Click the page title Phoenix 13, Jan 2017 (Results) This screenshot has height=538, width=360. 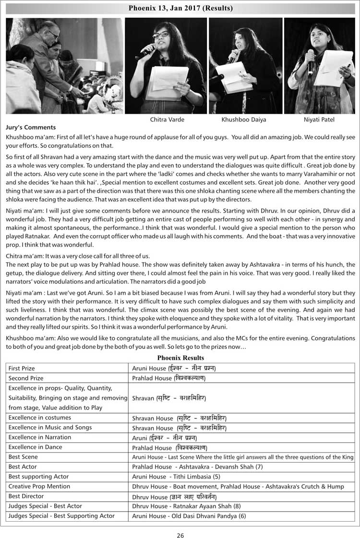(x=180, y=9)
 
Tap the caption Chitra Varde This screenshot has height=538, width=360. (x=167, y=120)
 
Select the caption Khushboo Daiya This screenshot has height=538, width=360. (x=243, y=120)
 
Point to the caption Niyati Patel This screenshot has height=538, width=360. (x=319, y=120)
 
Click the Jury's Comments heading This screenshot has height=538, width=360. (x=31, y=128)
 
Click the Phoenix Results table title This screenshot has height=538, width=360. (x=180, y=358)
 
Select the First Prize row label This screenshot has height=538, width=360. (x=22, y=368)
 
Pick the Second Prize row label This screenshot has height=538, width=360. (x=26, y=378)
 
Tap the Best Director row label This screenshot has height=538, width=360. (x=26, y=496)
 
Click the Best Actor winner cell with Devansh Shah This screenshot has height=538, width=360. (x=204, y=466)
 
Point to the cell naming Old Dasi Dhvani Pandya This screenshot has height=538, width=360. (x=189, y=516)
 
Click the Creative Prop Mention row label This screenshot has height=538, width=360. (x=39, y=486)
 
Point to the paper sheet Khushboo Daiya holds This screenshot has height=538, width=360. (x=233, y=77)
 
